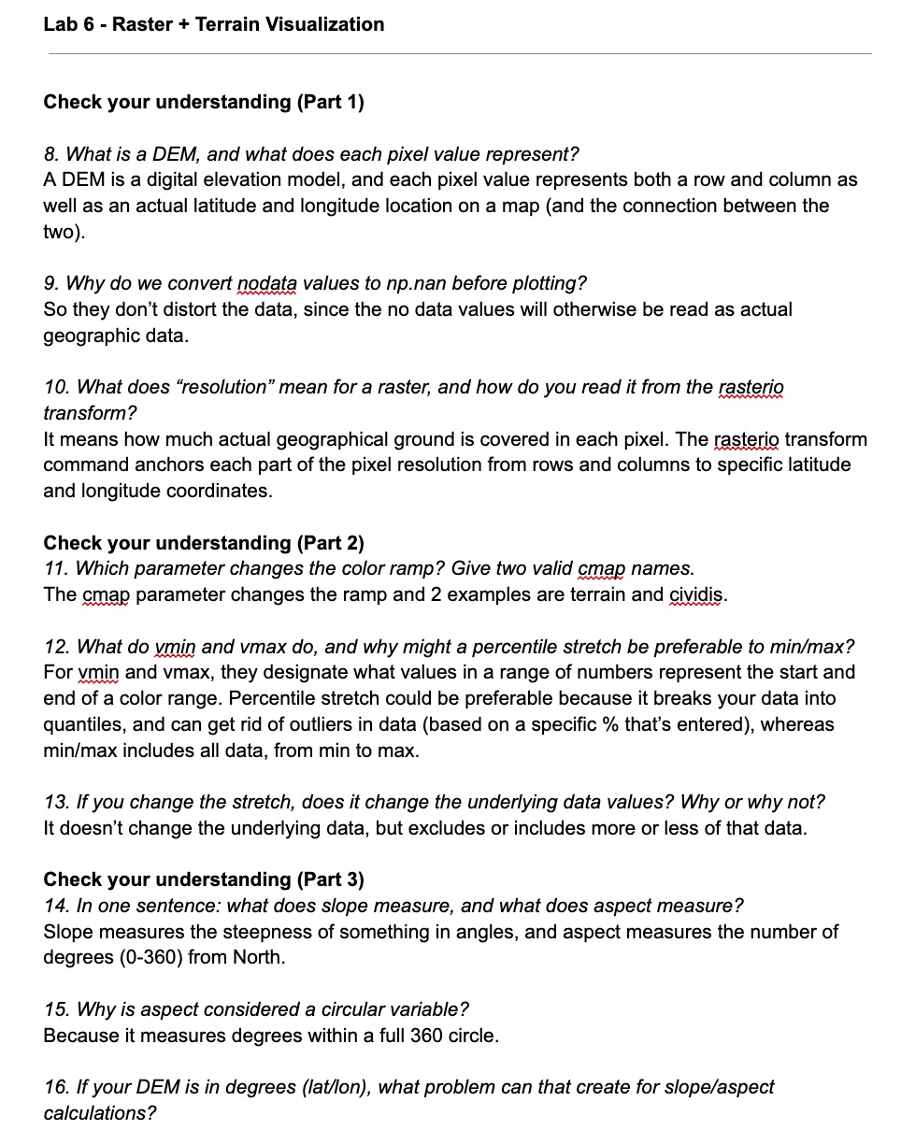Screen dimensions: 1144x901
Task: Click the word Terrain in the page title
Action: click(227, 24)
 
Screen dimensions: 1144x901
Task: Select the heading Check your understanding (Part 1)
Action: click(204, 102)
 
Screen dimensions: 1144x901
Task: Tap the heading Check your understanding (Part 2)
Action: click(204, 543)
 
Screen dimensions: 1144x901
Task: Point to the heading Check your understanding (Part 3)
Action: click(204, 879)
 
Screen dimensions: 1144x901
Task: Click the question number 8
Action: click(50, 154)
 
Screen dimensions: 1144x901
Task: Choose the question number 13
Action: click(55, 802)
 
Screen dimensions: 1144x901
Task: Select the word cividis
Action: click(697, 595)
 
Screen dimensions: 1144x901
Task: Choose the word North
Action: click(260, 958)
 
